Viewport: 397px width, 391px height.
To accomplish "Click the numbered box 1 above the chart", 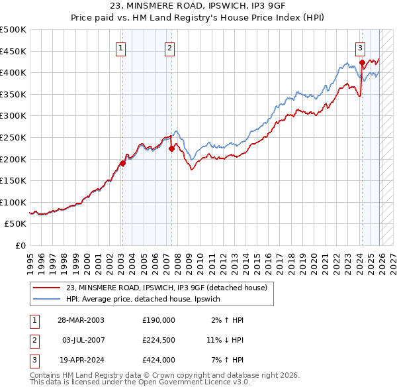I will pyautogui.click(x=122, y=47).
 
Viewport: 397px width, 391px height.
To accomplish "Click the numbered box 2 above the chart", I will pyautogui.click(x=170, y=47).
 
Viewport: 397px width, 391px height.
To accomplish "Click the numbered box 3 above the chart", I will pyautogui.click(x=360, y=47).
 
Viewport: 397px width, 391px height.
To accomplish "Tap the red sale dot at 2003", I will pyautogui.click(x=122, y=163).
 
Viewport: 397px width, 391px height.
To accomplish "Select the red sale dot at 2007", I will pyautogui.click(x=171, y=148).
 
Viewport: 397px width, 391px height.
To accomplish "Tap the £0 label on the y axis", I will pyautogui.click(x=20, y=245).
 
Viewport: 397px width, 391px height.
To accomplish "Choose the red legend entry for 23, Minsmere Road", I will pyautogui.click(x=165, y=288).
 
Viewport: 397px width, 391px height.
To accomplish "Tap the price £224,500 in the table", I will pyautogui.click(x=158, y=340).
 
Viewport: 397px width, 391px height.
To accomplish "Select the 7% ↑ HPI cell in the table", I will pyautogui.click(x=224, y=360).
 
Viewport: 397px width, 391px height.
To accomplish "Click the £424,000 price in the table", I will pyautogui.click(x=158, y=360).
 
